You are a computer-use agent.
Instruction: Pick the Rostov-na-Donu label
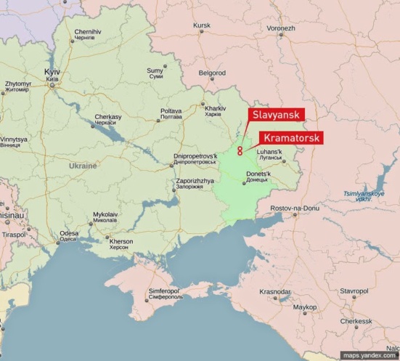295,208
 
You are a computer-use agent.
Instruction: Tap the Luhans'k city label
279,154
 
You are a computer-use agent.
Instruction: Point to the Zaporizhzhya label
195,182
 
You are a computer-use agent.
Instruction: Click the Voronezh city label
280,28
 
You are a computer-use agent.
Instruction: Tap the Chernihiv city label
88,33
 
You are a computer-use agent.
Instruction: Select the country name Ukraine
82,166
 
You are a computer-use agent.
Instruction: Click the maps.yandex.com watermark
370,355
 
